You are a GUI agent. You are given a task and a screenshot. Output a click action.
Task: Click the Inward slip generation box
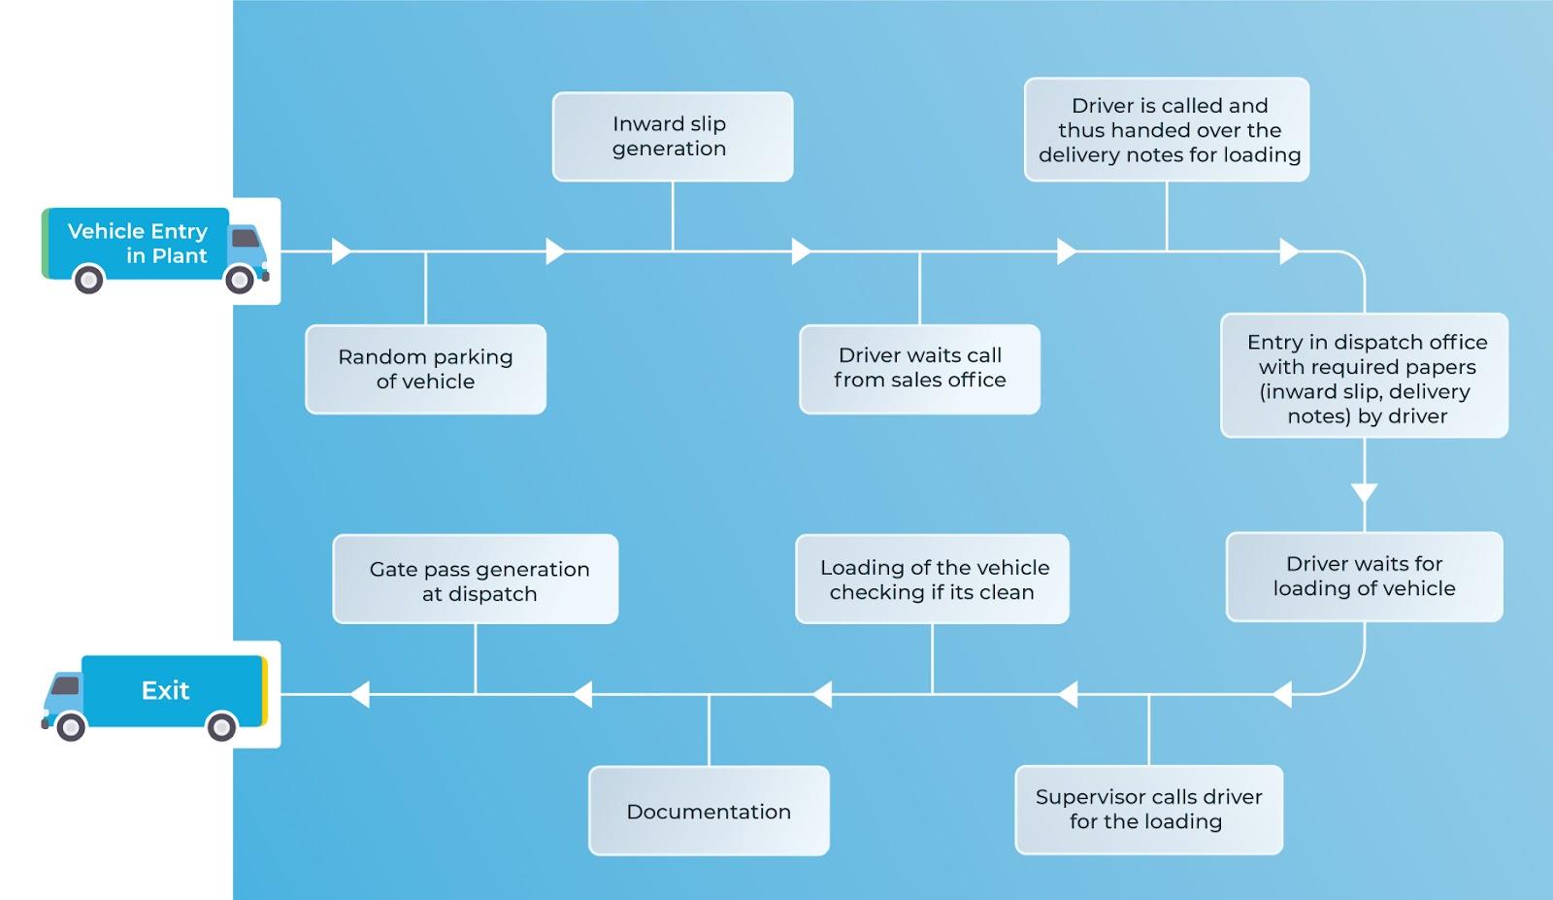672,136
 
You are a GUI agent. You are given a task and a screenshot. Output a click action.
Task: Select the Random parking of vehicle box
425,369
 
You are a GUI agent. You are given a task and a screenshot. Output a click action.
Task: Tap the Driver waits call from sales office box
919,369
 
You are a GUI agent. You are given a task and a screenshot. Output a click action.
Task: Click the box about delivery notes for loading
1167,129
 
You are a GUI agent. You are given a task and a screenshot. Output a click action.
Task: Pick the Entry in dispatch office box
1364,376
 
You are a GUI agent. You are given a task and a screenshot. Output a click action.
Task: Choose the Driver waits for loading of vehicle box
1364,577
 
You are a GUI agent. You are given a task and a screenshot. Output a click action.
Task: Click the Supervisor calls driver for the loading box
1148,810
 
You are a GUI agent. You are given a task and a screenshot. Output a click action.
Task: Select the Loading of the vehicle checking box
932,579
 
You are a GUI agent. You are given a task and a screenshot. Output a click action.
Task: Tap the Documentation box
709,811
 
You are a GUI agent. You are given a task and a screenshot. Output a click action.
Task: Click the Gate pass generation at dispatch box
476,580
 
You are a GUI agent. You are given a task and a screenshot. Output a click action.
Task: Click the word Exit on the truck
165,690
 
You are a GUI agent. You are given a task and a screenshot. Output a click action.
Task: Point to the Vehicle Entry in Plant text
138,243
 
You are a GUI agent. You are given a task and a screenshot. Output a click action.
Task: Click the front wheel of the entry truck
240,280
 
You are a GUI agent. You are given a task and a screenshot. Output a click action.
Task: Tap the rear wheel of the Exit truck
221,726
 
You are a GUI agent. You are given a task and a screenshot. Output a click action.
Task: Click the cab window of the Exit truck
64,686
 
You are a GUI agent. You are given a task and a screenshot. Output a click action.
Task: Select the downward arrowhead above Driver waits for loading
1364,493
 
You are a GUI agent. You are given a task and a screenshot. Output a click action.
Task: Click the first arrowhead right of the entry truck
342,251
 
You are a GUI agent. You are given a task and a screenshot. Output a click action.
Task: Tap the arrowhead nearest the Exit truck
359,694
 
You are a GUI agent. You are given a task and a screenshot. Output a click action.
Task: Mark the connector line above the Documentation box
709,730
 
